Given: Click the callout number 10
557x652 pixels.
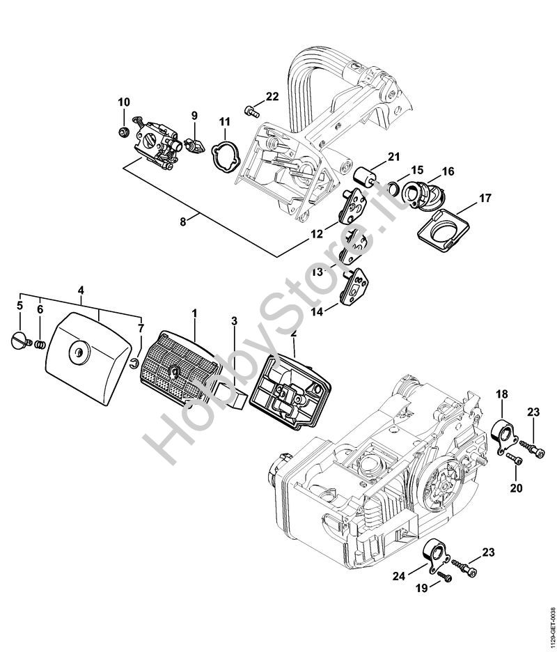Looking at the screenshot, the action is (124, 102).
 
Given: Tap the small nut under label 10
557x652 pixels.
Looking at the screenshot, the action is (123, 132).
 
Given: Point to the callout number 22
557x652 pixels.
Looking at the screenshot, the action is (272, 96).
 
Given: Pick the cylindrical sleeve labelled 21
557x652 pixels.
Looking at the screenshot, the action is (364, 180).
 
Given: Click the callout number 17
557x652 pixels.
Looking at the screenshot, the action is (485, 198).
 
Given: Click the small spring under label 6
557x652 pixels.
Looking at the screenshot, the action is (40, 345).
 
